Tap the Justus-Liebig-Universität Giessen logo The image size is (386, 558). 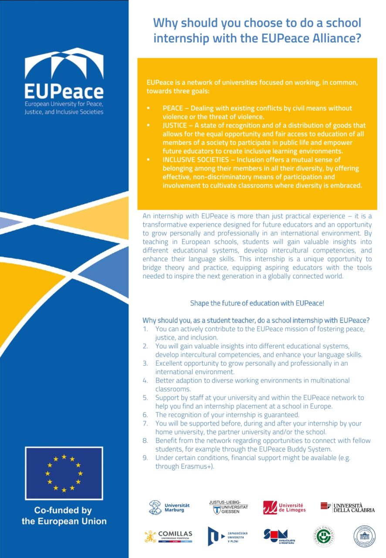coord(228,507)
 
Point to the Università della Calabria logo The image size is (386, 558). coord(347,507)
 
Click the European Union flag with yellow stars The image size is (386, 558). coord(64,473)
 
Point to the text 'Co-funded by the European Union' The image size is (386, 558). coord(64,515)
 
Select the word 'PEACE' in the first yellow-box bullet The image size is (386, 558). coord(173,108)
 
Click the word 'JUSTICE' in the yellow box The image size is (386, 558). coord(175,125)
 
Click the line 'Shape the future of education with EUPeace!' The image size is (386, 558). coord(257,303)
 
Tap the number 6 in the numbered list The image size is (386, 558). coord(145,415)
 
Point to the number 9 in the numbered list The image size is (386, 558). coord(145,457)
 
